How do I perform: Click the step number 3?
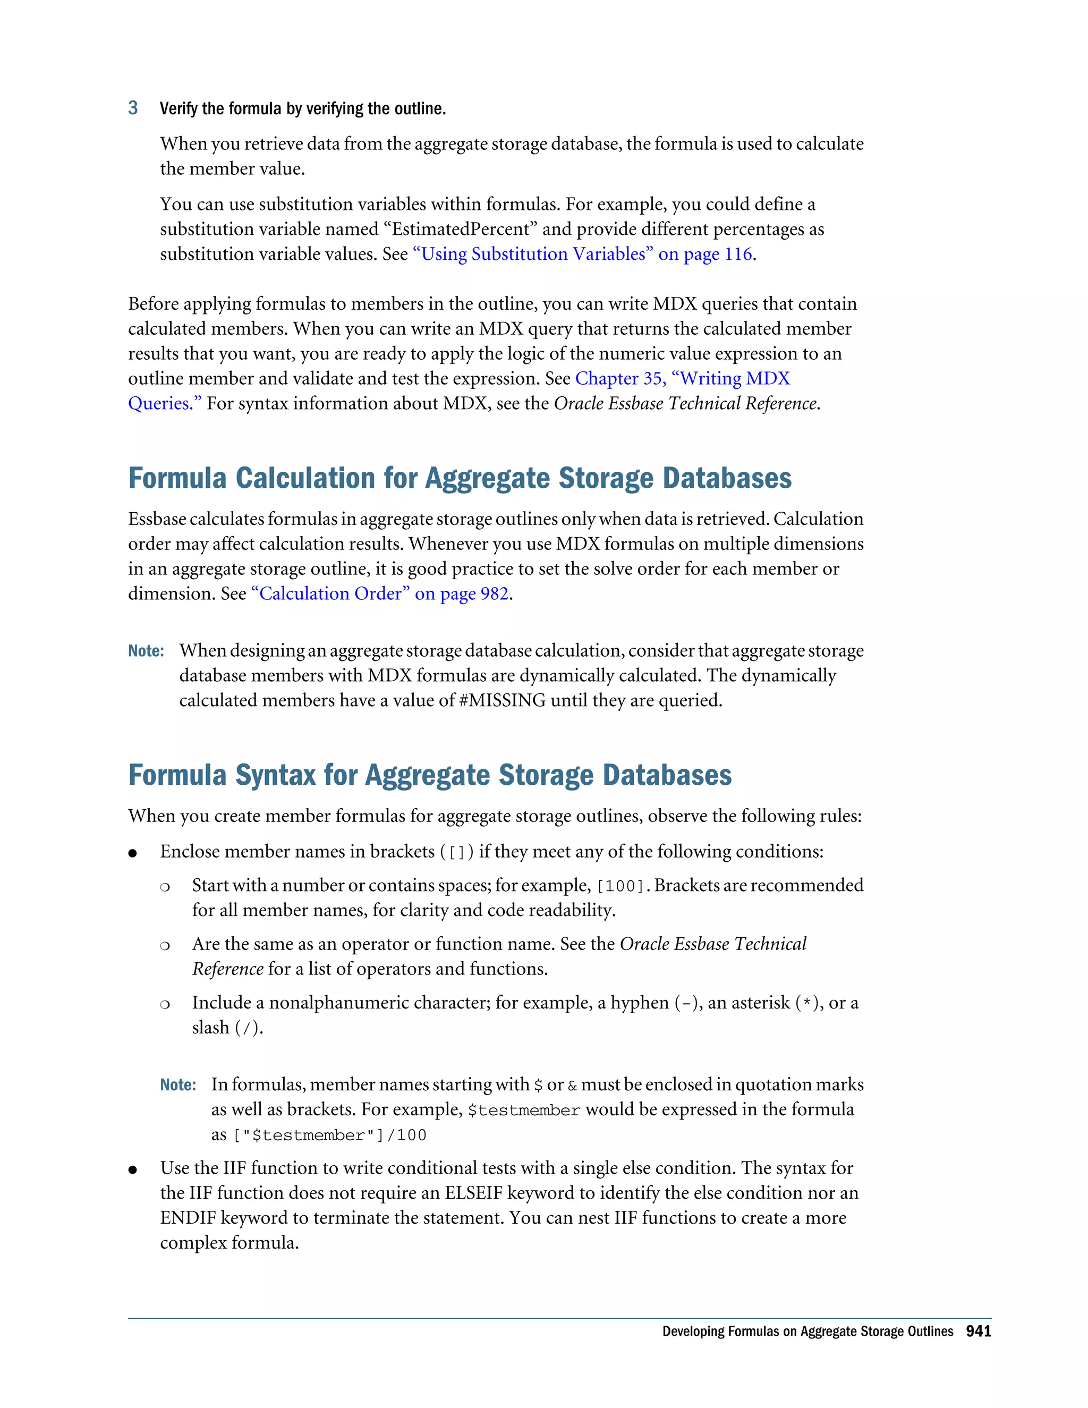point(133,108)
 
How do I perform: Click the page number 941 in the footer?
point(978,1331)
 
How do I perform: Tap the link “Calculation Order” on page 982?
point(380,594)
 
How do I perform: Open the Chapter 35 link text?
point(682,378)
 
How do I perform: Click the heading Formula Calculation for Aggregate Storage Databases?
point(460,478)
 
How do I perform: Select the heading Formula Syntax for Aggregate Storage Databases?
point(430,775)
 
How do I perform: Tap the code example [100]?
point(620,886)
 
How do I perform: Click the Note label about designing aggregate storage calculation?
point(146,651)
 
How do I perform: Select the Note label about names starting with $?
point(178,1085)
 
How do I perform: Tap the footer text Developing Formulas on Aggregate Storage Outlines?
point(807,1331)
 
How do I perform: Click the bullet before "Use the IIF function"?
point(133,1169)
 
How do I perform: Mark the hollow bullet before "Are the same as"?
point(165,946)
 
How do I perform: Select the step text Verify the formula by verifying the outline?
point(302,108)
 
